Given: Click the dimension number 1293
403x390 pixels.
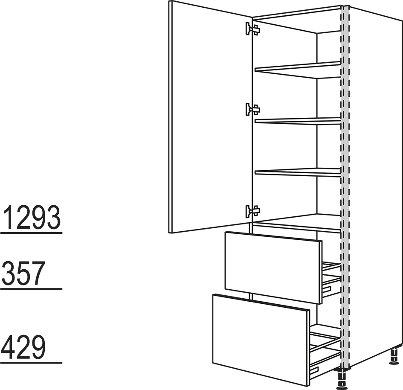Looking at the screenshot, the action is pyautogui.click(x=32, y=218).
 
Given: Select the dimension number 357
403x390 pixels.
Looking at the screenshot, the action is pyautogui.click(x=23, y=273).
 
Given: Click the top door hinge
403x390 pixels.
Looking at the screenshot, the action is pyautogui.click(x=252, y=29).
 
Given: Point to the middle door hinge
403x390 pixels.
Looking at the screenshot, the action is pyautogui.click(x=252, y=110).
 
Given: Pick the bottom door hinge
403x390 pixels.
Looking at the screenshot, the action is pyautogui.click(x=252, y=211).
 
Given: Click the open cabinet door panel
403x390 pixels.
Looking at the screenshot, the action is pyautogui.click(x=210, y=117).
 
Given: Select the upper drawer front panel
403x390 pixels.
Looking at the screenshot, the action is pyautogui.click(x=273, y=268).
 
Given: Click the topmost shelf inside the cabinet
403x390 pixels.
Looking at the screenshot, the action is pyautogui.click(x=298, y=70).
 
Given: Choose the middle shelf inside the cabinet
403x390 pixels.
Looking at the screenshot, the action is pyautogui.click(x=298, y=121).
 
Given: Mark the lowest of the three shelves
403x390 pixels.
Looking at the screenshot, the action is pyautogui.click(x=298, y=172).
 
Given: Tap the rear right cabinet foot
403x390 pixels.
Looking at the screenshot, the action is pyautogui.click(x=394, y=356).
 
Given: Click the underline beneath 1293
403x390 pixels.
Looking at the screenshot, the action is pyautogui.click(x=32, y=233).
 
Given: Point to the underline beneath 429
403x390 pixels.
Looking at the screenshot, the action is pyautogui.click(x=32, y=363).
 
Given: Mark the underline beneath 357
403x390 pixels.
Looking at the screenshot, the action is pyautogui.click(x=32, y=289).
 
